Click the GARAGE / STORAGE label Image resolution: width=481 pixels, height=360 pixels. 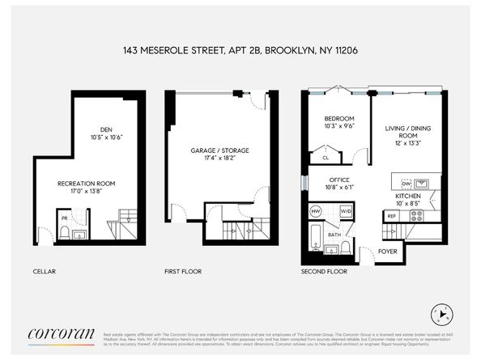click(219, 150)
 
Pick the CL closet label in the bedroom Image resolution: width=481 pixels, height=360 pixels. click(325, 159)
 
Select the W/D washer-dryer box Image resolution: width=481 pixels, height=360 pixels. click(345, 211)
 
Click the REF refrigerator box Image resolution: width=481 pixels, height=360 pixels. click(391, 216)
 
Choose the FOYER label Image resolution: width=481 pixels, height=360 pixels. click(389, 251)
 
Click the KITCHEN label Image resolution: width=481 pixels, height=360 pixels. click(408, 197)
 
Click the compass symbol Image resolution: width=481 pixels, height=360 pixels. click(441, 311)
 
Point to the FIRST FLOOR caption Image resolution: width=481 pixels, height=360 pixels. click(183, 271)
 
